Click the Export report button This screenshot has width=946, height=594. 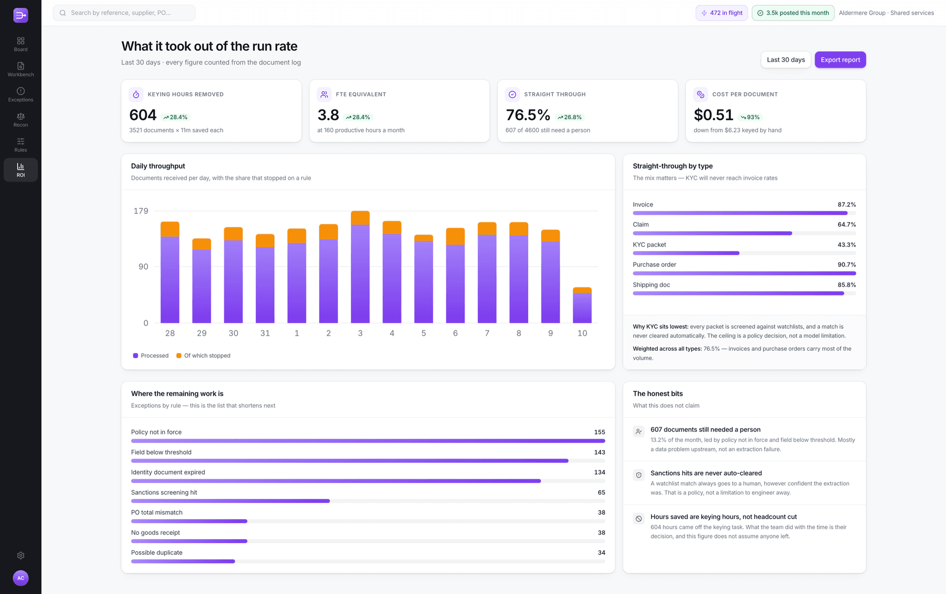[x=840, y=60]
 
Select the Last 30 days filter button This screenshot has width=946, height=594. [x=786, y=60]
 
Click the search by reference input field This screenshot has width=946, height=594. [x=124, y=13]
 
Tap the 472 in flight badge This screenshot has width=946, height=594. [x=722, y=13]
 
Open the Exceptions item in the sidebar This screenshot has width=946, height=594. [x=21, y=94]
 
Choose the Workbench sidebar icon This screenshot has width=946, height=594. [x=21, y=69]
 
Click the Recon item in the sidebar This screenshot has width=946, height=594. [x=21, y=119]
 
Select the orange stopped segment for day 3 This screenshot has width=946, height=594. [x=360, y=218]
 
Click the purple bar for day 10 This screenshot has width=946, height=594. [x=582, y=308]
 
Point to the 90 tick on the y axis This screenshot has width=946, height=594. [x=143, y=267]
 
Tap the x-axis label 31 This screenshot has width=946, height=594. [x=265, y=333]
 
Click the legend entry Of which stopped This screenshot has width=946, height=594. [x=203, y=355]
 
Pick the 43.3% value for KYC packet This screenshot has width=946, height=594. [x=846, y=245]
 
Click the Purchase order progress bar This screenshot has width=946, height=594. [x=744, y=273]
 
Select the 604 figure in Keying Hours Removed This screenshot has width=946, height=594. [x=143, y=115]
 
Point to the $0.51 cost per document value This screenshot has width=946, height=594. [x=713, y=115]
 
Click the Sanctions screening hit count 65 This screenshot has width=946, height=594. [x=602, y=492]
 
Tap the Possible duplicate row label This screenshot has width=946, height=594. [x=157, y=553]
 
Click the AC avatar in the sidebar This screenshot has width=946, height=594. [x=21, y=578]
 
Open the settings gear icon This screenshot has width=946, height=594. [x=21, y=556]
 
